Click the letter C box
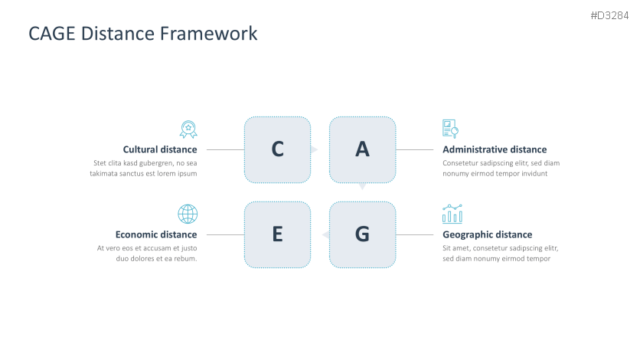[278, 150]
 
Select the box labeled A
[362, 150]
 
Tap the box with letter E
[278, 234]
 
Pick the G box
[362, 234]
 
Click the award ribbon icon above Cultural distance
[188, 129]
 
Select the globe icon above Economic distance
[188, 214]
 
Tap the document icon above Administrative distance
[451, 129]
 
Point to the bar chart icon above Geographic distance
[452, 214]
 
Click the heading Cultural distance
[160, 149]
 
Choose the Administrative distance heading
[495, 149]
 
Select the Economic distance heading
[156, 234]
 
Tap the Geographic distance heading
[488, 234]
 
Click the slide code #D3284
[609, 15]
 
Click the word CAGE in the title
[52, 34]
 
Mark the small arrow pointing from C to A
[315, 149]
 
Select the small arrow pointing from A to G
[362, 187]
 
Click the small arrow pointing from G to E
[325, 234]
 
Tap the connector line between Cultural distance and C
[225, 150]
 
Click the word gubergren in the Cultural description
[155, 163]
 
